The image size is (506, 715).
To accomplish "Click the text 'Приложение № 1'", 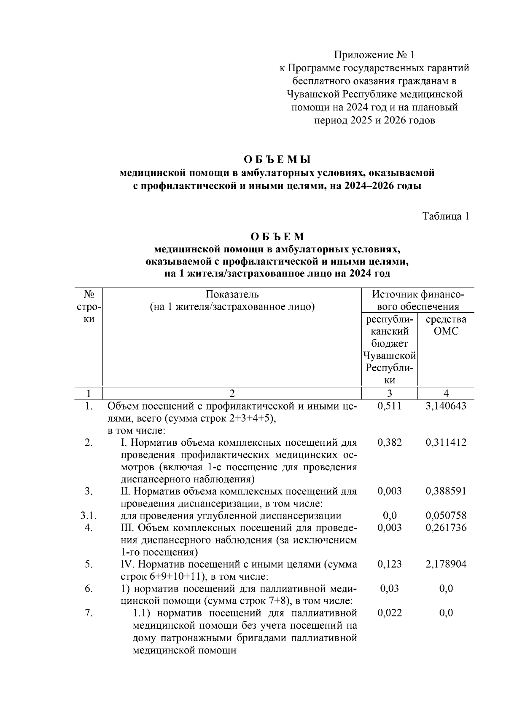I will [374, 55].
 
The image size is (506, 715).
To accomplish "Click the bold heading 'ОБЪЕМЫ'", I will [277, 160].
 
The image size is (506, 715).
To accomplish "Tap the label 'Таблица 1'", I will [446, 216].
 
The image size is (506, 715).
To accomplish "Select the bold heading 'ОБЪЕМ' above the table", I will [277, 237].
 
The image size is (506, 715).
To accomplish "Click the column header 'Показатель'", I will [232, 294].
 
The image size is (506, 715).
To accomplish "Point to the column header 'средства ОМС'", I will [446, 325].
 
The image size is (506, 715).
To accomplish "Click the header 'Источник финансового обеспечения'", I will [418, 300].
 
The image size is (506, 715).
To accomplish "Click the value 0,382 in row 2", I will [390, 442].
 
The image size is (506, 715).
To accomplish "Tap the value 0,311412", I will [446, 442].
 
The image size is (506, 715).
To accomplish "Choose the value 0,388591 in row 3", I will [446, 491].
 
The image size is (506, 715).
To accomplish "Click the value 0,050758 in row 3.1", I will [446, 515].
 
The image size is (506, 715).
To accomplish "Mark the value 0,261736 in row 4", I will [446, 528].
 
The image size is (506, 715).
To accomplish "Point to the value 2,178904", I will [446, 564].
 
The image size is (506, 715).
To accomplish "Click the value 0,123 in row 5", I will [390, 564].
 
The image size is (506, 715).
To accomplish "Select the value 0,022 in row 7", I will [390, 613].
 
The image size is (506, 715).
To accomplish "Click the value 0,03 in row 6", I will [390, 589].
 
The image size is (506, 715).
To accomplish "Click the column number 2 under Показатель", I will [232, 394].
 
